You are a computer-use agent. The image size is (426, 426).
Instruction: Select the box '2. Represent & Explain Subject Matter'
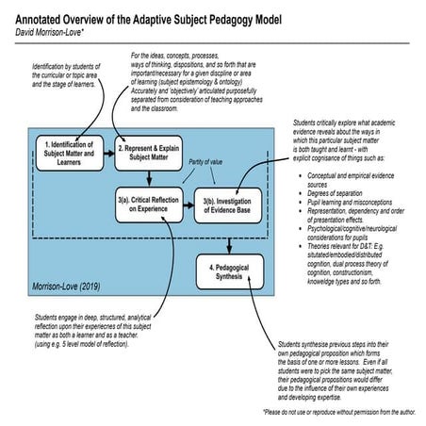pos(148,152)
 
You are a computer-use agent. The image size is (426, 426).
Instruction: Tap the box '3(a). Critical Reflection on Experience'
pos(149,205)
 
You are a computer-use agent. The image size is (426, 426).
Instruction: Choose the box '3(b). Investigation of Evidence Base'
pos(228,205)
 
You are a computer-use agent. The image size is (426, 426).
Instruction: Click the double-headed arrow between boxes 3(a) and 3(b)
pos(188,205)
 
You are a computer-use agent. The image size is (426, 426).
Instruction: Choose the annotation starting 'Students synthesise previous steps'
pos(343,371)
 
